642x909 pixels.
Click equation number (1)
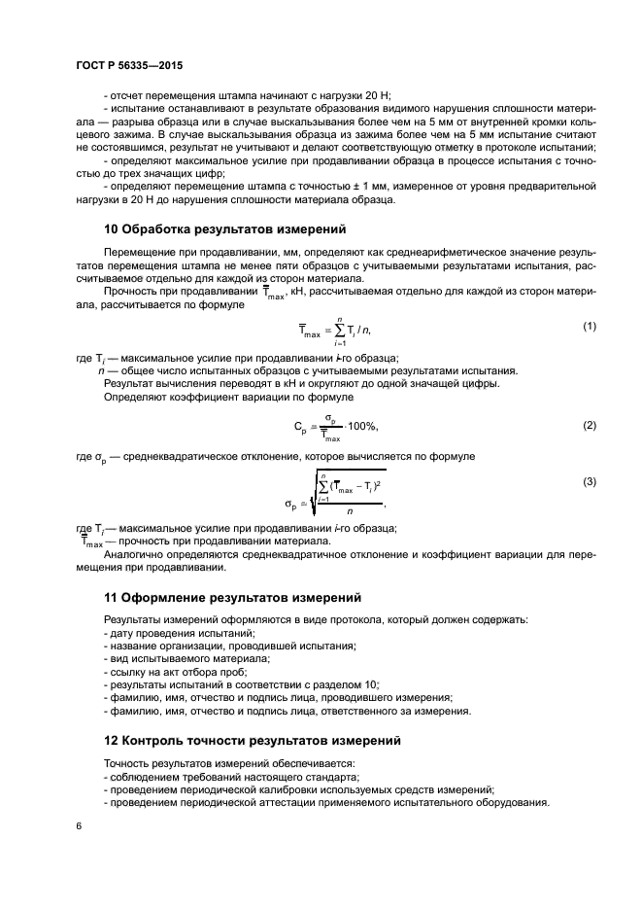click(x=589, y=326)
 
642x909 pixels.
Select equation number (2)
click(x=589, y=425)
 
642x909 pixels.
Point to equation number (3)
click(x=589, y=481)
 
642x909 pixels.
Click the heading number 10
click(x=112, y=230)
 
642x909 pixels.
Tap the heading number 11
click(x=112, y=596)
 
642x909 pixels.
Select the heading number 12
click(x=112, y=741)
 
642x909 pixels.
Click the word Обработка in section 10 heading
click(x=164, y=230)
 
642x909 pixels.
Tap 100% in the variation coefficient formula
click(x=361, y=427)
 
